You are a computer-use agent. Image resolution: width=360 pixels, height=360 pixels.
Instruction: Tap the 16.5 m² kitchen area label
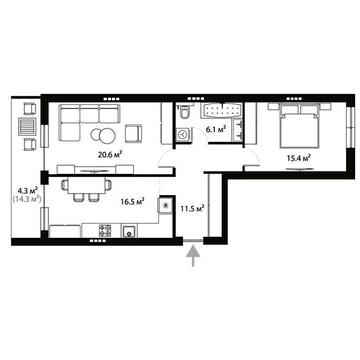point(132,201)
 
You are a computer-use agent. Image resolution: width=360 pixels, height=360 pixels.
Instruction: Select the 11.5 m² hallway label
point(193,208)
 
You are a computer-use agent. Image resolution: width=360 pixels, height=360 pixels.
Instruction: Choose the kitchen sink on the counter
point(129,233)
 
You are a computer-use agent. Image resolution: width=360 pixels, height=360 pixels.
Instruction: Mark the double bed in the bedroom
point(297,127)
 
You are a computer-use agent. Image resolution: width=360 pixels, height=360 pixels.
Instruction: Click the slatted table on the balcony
point(28,134)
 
